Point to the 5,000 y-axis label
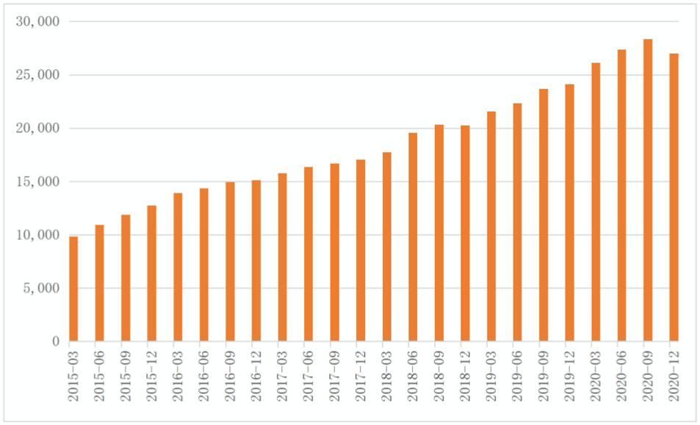[x=42, y=288]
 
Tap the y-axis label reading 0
[x=55, y=342]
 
